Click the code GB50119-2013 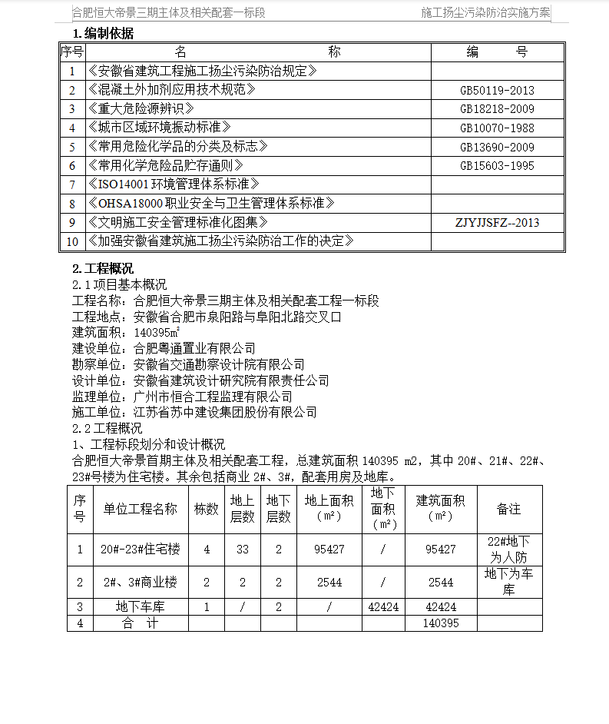[x=497, y=91]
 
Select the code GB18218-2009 [x=497, y=109]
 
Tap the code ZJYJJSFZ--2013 [x=497, y=223]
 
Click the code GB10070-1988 [x=497, y=128]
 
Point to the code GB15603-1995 [x=497, y=166]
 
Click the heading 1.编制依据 [x=102, y=33]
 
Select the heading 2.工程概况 [x=102, y=268]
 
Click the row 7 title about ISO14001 [x=174, y=184]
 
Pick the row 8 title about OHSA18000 [x=211, y=204]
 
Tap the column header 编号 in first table [x=497, y=52]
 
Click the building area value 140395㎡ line [x=126, y=333]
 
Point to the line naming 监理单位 [x=182, y=397]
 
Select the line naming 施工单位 [x=194, y=413]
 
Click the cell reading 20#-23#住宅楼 [x=140, y=550]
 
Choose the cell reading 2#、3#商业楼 [x=140, y=583]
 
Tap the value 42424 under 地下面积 [x=383, y=607]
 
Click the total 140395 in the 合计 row [x=441, y=623]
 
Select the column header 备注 [x=508, y=509]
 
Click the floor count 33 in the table [x=242, y=550]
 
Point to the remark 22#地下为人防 [x=509, y=550]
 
